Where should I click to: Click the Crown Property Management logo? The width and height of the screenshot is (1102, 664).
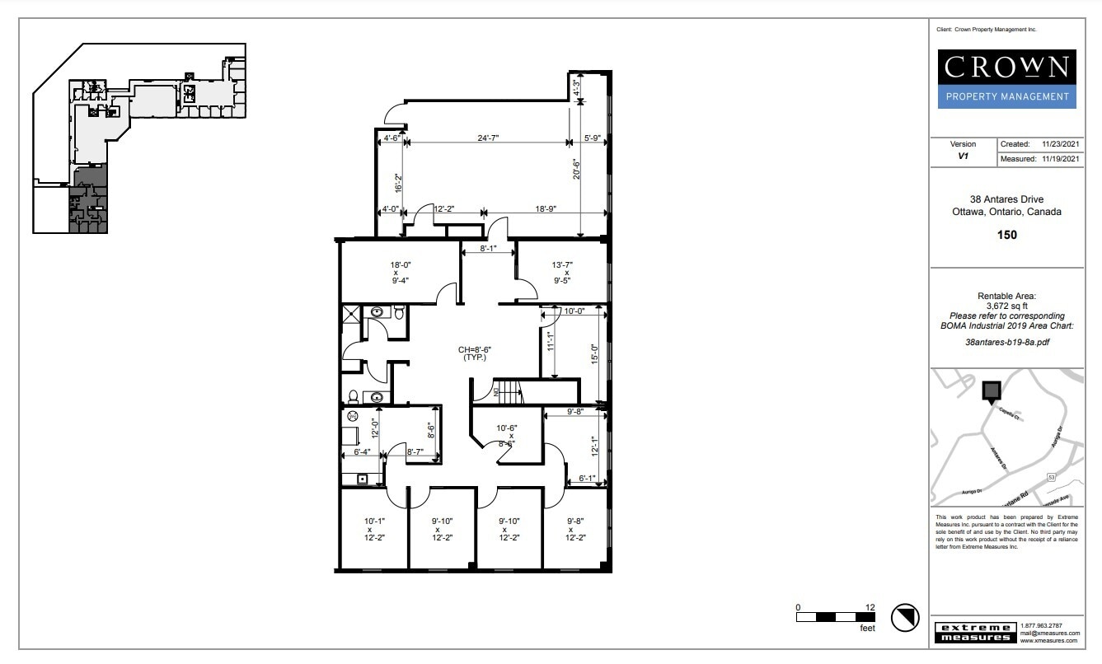click(x=1007, y=79)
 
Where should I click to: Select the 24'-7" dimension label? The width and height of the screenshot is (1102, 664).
click(x=488, y=138)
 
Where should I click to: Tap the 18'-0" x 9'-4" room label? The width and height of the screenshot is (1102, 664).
click(x=401, y=273)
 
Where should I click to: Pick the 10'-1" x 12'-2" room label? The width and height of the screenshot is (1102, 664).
click(x=374, y=529)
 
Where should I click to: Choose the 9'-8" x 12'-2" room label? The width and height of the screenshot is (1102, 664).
click(x=574, y=529)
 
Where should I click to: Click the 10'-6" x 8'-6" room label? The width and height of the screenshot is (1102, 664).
click(x=506, y=435)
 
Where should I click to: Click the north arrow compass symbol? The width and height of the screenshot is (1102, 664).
click(x=904, y=616)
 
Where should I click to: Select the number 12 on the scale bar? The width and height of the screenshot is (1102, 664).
click(x=870, y=607)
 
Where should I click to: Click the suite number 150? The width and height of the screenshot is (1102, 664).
click(x=1006, y=235)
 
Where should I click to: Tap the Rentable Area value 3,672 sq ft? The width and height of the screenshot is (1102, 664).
click(x=1006, y=306)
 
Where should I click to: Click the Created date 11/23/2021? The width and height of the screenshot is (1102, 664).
click(x=1060, y=144)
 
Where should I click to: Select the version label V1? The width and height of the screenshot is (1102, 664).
click(x=963, y=155)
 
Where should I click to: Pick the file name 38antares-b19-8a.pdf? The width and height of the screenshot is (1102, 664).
click(x=1006, y=340)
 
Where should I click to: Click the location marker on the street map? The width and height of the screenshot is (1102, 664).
click(x=991, y=390)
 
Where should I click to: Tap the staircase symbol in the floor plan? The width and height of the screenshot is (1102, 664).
click(x=509, y=392)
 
